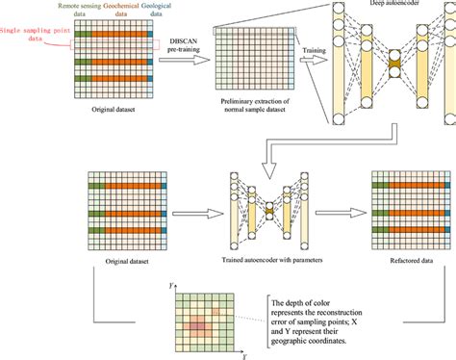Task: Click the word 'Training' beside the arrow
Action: tap(315, 45)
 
